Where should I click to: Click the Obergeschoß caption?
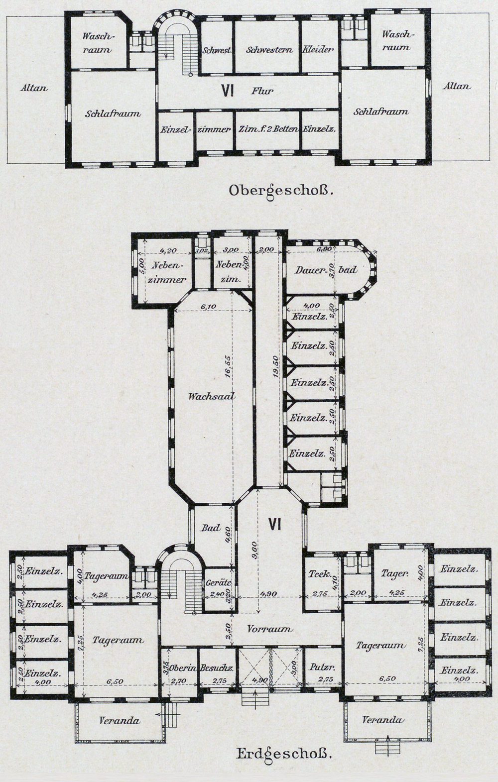pos(279,191)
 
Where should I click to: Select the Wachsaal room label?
pos(212,396)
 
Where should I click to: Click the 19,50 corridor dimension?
pos(276,365)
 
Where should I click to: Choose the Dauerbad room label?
pos(326,270)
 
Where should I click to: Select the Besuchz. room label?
pos(217,668)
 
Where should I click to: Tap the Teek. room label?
pos(320,573)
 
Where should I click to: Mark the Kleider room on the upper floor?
pos(319,50)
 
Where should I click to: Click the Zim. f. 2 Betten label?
pos(268,129)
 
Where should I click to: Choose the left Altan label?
pos(34,88)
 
